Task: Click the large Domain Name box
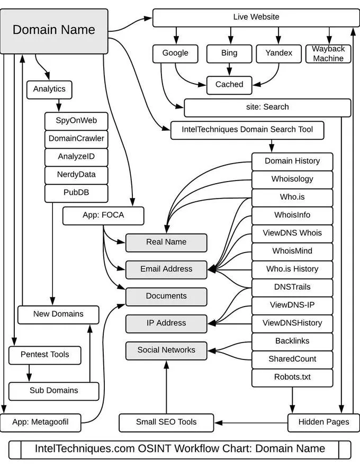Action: pos(54,30)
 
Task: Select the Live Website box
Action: pos(256,17)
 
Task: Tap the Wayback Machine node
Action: pos(328,53)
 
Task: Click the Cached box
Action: pos(229,84)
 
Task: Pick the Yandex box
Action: pos(278,53)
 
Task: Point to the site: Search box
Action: pos(267,107)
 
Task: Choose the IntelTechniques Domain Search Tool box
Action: pos(247,129)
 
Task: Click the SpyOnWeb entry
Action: pos(76,121)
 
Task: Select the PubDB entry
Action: pos(76,193)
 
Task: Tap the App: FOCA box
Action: pos(103,215)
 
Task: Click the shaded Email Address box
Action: pos(166,269)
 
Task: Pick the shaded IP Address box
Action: pos(166,323)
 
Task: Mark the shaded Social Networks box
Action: pos(166,350)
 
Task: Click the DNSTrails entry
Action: pos(292,287)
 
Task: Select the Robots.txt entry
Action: pos(292,377)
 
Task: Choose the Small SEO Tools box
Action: pos(166,422)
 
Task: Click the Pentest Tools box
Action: pos(44,355)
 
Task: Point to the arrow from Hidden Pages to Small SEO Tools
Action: pos(251,422)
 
